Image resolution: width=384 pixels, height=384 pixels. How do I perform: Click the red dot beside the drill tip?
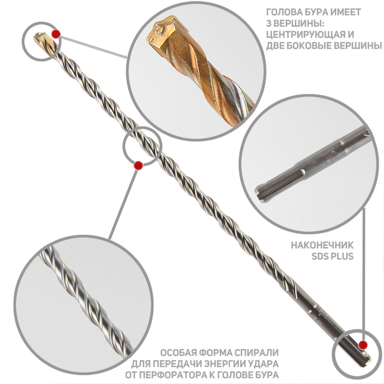click(x=56, y=34)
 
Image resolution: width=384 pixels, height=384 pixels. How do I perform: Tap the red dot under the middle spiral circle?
click(x=139, y=165)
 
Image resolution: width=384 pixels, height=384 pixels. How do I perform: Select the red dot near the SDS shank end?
click(x=363, y=345)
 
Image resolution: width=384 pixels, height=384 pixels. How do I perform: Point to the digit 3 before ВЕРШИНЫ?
click(x=269, y=23)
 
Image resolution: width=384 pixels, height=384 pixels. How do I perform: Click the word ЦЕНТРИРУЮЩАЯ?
click(x=307, y=34)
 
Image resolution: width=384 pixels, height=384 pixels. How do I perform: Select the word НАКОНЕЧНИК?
click(x=322, y=245)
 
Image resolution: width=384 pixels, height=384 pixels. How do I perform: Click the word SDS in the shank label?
click(x=320, y=257)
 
